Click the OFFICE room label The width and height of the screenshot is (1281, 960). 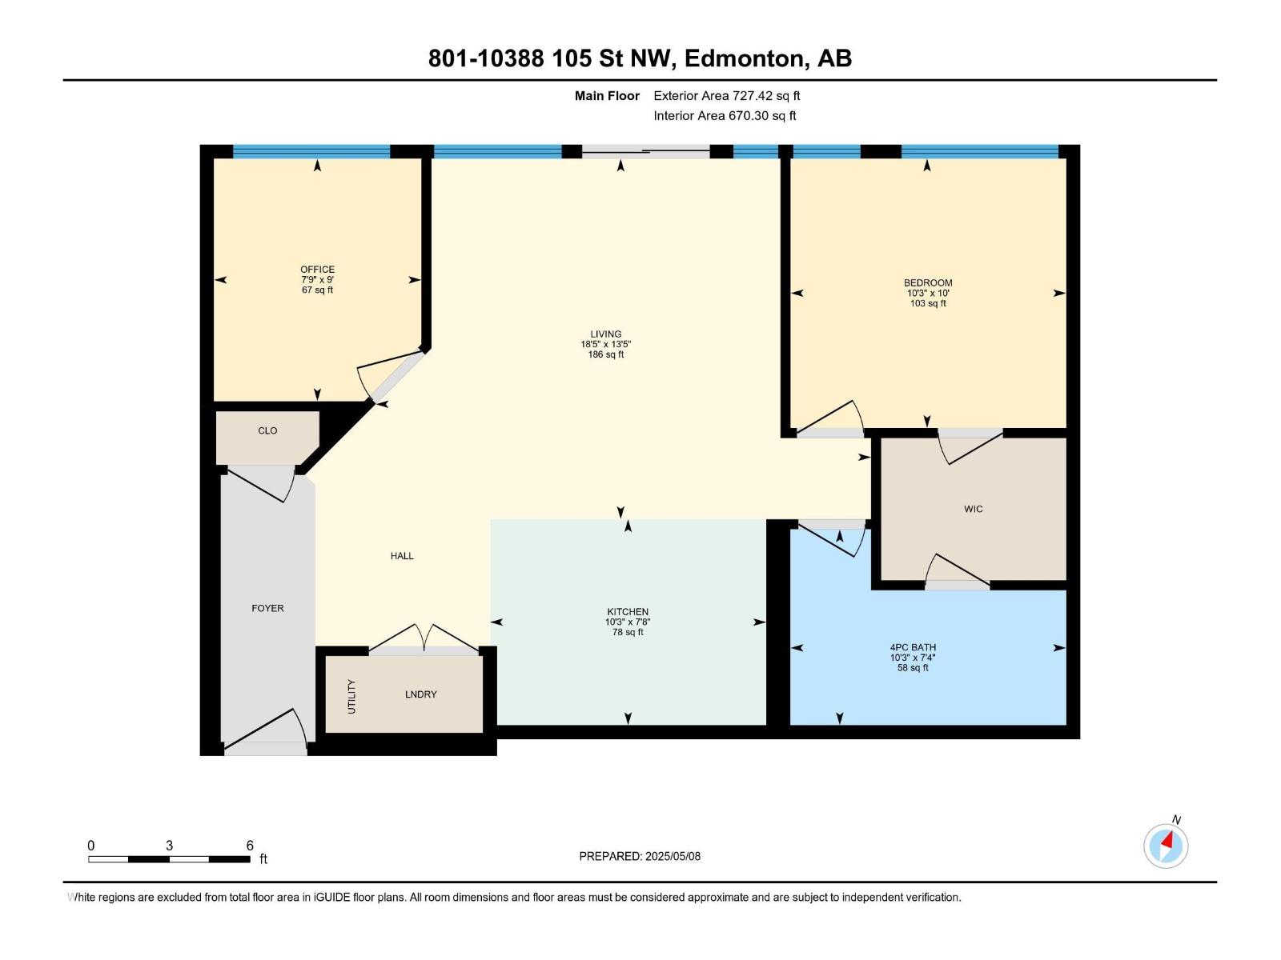point(317,270)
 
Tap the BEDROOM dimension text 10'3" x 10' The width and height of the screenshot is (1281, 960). point(928,293)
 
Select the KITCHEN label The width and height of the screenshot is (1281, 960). point(628,611)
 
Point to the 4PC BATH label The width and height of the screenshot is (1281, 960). point(913,647)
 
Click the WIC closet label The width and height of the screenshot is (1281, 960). point(973,509)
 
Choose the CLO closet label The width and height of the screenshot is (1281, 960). point(267,430)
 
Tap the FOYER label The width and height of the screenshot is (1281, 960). point(267,608)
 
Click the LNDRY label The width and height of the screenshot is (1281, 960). point(420,694)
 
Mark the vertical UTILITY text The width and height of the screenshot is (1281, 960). point(351,696)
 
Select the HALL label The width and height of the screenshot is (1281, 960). point(402,555)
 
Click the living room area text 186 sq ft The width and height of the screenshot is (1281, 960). point(606,354)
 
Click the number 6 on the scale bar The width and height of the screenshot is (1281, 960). point(250,846)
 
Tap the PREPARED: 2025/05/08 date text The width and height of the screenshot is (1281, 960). point(640,856)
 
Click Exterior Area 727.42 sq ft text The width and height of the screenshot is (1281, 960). point(726,95)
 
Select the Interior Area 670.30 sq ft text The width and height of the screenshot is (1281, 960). point(725,115)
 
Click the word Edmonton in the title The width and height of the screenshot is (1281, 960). point(743,58)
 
